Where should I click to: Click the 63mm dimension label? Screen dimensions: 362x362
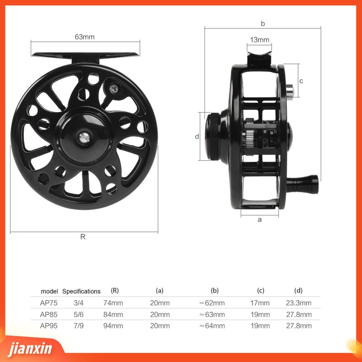(x=84, y=37)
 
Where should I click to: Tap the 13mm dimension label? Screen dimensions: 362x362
(x=259, y=40)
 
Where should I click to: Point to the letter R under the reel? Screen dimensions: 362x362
(x=83, y=237)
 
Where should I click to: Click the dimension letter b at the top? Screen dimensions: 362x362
(x=263, y=24)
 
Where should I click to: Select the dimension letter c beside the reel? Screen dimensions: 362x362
(x=301, y=81)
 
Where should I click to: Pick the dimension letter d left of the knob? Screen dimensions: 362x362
(x=197, y=137)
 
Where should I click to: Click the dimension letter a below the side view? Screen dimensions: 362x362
(x=260, y=220)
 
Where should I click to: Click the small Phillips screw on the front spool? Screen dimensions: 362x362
(x=114, y=88)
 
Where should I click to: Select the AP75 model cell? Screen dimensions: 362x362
(x=49, y=303)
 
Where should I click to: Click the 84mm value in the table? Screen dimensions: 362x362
(x=113, y=315)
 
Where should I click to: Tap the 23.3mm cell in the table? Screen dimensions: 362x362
(x=299, y=303)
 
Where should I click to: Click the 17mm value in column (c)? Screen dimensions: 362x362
(x=261, y=303)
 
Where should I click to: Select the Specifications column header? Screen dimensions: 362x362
(x=81, y=291)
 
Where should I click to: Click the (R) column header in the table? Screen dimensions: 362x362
(x=115, y=291)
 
